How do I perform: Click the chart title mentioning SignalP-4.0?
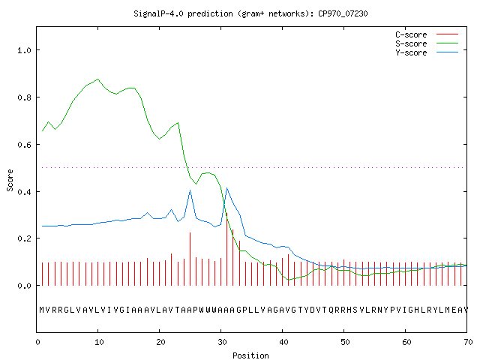[x=250, y=13]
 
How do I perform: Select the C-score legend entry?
[x=427, y=34]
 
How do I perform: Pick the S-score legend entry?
[x=427, y=43]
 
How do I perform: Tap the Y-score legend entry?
[x=427, y=52]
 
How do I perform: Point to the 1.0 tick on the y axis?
[x=24, y=50]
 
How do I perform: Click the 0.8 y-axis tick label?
[x=24, y=97]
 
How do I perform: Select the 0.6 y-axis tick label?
[x=24, y=145]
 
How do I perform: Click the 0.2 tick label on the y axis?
[x=24, y=238]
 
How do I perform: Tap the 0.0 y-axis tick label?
[x=24, y=286]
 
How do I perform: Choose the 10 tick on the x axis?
[x=99, y=342]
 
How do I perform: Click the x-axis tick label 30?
[x=222, y=342]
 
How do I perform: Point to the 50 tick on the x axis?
[x=345, y=342]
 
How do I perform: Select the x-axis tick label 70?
[x=468, y=342]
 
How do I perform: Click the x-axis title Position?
[x=250, y=355]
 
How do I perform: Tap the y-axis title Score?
[x=10, y=180]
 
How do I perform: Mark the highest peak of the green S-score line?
[x=98, y=79]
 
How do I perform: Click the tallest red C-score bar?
[x=226, y=249]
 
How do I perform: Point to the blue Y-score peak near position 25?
[x=190, y=190]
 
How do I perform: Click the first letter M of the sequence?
[x=42, y=310]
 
